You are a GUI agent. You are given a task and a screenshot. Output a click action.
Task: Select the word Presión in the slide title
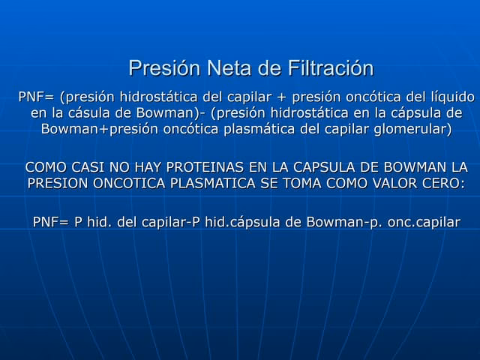coord(163,69)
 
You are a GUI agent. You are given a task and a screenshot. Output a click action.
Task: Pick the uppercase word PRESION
coord(55,183)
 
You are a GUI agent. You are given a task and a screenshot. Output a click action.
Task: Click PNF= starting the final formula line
coord(50,223)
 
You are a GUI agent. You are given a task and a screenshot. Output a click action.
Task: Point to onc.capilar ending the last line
coord(424,223)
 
